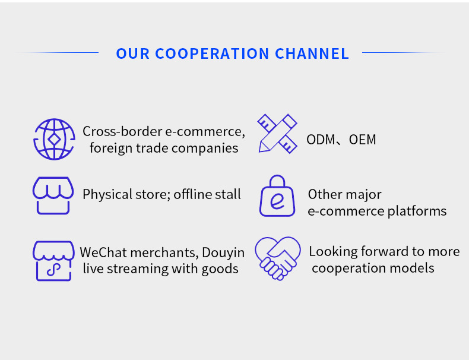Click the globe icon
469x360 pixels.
(x=54, y=140)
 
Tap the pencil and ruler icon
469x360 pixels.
(x=277, y=134)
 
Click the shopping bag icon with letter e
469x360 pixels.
(x=277, y=197)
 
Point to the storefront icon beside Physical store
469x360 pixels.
(x=53, y=195)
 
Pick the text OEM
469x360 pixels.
(x=362, y=140)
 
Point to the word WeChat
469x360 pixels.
(x=103, y=252)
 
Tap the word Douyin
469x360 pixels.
(x=223, y=252)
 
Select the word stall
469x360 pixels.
(x=229, y=194)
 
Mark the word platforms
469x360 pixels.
(x=417, y=211)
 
